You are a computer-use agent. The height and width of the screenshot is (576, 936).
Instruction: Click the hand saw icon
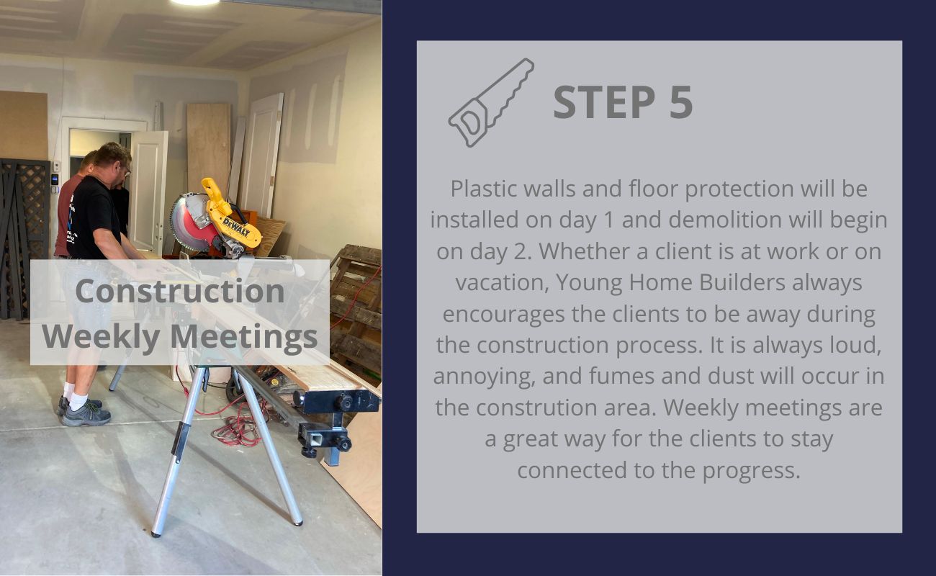click(x=491, y=102)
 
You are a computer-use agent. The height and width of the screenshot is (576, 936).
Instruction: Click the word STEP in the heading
click(x=605, y=102)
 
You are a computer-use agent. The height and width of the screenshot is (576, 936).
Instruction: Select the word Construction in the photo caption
click(x=180, y=291)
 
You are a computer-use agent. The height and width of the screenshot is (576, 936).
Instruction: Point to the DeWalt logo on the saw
click(x=236, y=227)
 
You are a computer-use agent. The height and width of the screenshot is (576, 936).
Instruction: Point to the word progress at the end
click(x=751, y=472)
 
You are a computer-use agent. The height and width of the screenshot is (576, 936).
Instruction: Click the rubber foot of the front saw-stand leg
click(x=156, y=534)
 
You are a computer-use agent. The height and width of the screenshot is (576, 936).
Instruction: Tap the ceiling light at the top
click(x=194, y=2)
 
